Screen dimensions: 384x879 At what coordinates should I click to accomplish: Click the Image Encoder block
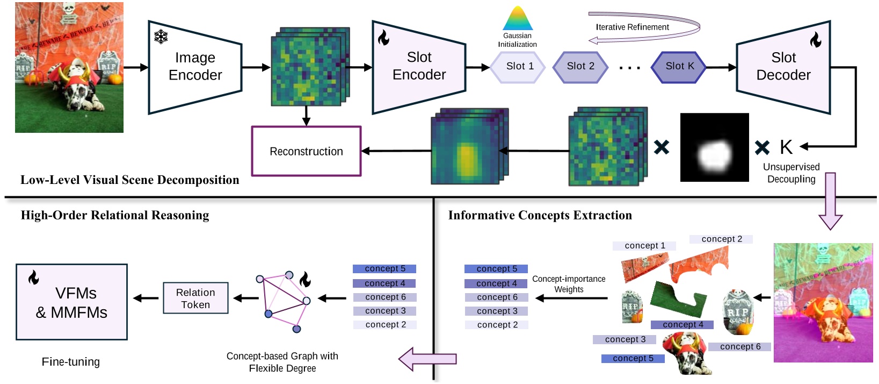point(195,67)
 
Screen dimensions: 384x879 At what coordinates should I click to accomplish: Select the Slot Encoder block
point(419,67)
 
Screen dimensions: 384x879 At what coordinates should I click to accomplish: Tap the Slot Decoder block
point(783,67)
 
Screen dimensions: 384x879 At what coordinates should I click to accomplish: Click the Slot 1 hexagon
point(519,67)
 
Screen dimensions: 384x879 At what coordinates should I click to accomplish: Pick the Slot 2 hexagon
point(580,67)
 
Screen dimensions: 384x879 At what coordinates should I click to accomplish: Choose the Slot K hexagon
point(679,67)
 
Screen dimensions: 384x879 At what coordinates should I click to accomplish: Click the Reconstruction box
point(306,152)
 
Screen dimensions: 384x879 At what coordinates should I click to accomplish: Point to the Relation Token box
point(195,298)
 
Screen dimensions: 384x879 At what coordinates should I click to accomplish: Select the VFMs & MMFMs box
point(71,302)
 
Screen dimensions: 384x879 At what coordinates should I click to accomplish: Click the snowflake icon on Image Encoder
point(161,37)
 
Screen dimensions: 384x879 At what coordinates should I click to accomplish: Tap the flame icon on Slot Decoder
point(815,39)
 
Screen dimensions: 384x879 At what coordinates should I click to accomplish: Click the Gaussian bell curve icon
point(518,19)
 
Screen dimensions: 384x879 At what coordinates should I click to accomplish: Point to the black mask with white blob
point(714,147)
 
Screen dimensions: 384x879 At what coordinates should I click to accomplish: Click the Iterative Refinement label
point(632,27)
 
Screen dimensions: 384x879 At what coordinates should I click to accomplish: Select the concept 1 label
point(644,246)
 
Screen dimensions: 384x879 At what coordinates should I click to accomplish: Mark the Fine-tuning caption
point(71,362)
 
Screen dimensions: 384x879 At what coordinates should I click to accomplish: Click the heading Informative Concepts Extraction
point(540,216)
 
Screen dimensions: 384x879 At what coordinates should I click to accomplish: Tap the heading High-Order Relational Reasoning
point(115,216)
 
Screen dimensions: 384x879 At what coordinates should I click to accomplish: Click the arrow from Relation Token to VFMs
point(146,298)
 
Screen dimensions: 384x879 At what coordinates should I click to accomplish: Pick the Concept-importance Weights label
point(569,284)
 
